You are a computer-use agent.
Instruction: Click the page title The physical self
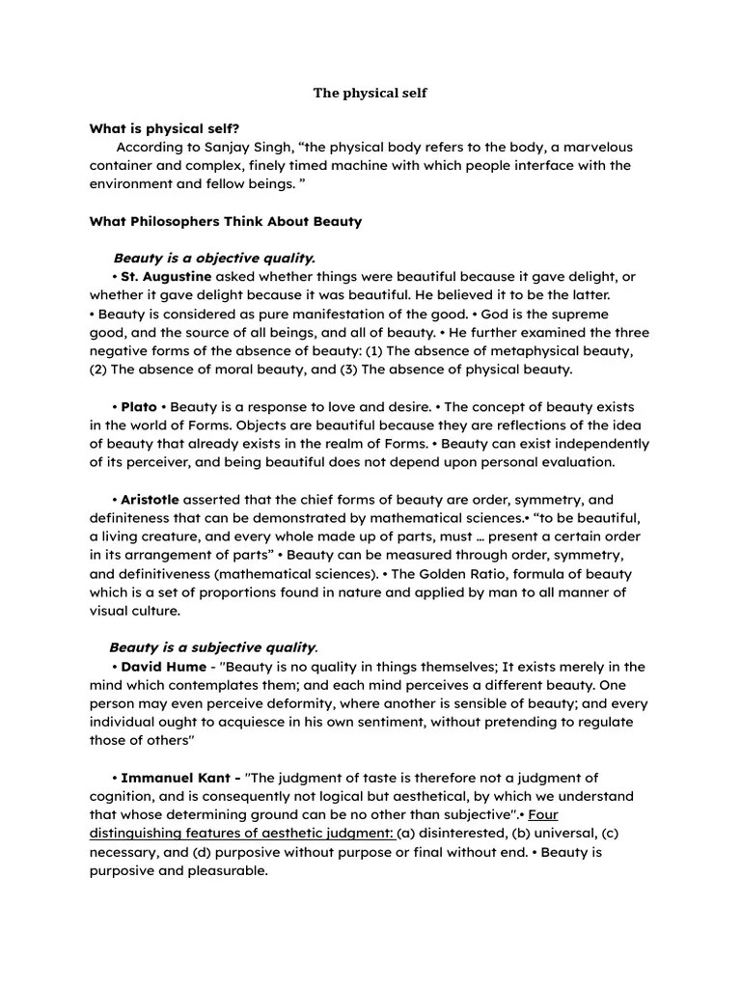point(370,94)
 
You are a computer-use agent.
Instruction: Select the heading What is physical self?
point(164,128)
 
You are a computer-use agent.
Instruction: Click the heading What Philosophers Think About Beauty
point(226,221)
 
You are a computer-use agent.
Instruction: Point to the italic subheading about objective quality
point(214,258)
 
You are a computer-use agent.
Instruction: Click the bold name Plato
point(139,407)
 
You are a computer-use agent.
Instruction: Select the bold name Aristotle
point(151,500)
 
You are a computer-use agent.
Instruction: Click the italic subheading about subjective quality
point(213,647)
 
